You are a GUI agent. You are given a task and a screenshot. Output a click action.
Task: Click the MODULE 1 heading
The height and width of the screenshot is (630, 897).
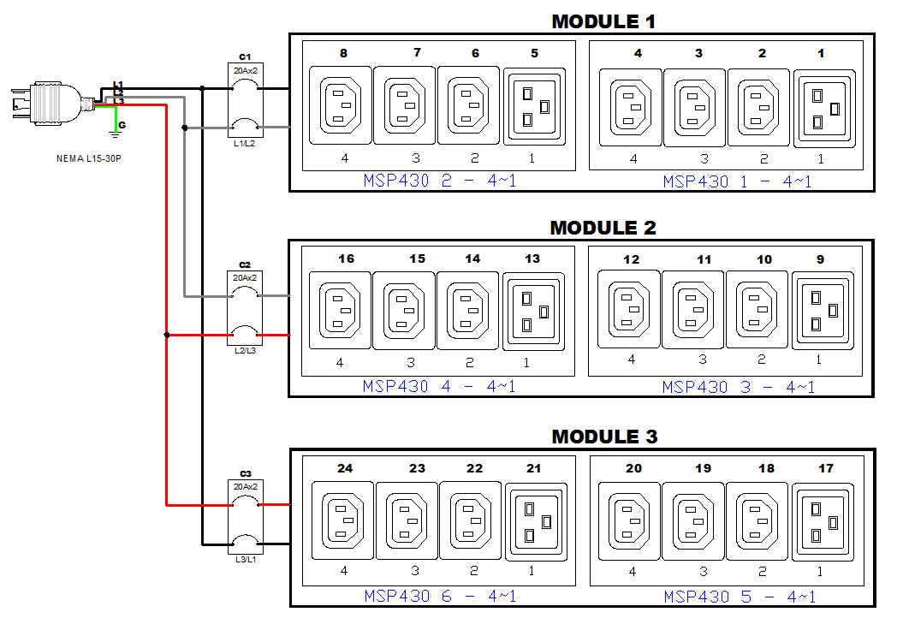[x=603, y=21]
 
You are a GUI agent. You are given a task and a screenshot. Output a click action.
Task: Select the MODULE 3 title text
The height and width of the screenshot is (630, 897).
[x=604, y=437]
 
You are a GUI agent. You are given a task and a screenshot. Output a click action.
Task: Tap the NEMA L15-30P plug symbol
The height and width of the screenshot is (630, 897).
[x=47, y=104]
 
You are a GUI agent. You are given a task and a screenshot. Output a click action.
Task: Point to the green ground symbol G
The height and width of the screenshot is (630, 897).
[x=116, y=128]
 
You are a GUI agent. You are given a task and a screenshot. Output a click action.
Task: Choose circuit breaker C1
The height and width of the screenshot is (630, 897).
[x=245, y=104]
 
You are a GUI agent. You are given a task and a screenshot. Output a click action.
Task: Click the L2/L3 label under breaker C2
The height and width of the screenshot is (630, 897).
[x=245, y=351]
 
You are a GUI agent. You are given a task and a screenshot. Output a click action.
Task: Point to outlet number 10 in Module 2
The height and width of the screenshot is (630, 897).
[x=757, y=310]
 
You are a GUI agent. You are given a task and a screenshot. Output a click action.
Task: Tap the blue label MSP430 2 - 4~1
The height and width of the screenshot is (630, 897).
[x=439, y=181]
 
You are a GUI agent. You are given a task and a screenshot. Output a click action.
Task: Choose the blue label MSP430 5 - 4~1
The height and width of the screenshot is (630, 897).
[x=738, y=596]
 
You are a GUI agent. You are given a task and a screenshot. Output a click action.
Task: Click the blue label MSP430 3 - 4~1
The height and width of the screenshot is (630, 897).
[x=738, y=387]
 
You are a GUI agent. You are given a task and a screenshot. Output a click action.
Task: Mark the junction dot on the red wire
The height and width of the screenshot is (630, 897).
[x=167, y=335]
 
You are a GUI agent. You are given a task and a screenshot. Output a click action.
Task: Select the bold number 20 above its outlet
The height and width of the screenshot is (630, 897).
[x=633, y=468]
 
